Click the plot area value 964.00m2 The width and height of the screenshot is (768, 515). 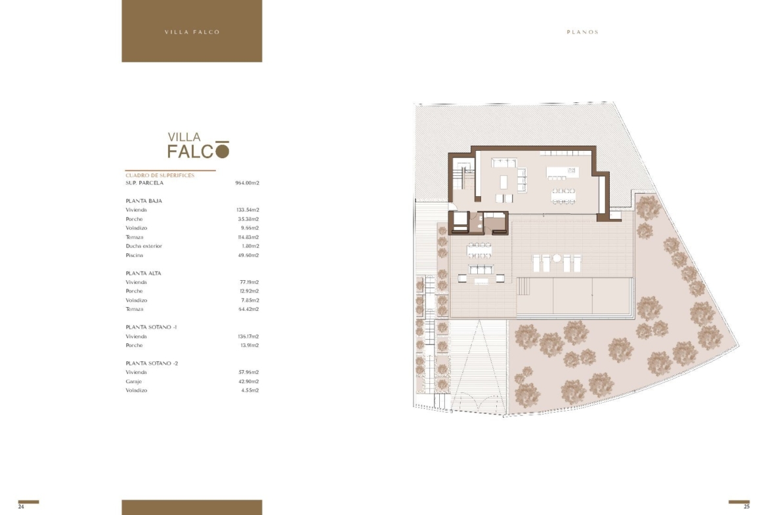247,183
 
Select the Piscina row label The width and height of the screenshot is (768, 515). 134,256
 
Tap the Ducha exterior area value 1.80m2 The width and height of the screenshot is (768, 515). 250,246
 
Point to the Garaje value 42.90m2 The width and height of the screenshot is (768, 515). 249,381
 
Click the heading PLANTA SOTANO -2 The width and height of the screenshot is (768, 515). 152,363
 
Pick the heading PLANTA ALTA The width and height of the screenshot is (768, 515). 144,273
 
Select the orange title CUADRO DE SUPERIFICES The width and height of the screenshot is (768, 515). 160,175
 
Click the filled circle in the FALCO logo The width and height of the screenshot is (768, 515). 223,152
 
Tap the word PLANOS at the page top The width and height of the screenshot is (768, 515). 583,32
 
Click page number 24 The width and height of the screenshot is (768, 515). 21,506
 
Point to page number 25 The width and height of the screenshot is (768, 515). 746,506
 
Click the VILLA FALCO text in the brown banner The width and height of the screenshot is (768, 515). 192,32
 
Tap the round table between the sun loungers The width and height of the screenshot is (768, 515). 557,258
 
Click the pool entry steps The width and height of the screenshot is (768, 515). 523,287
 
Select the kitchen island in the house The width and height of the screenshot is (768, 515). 563,172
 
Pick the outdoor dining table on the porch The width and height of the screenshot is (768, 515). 479,251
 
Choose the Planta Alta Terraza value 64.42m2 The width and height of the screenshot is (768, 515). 249,310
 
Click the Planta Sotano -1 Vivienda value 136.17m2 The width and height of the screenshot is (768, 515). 248,337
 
